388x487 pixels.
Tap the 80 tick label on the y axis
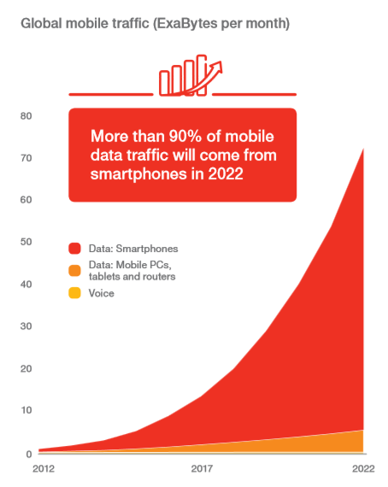pyautogui.click(x=26, y=116)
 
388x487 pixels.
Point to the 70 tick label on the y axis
pyautogui.click(x=26, y=158)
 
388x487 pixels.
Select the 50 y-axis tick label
pyautogui.click(x=26, y=242)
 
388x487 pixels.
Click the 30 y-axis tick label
pyautogui.click(x=26, y=326)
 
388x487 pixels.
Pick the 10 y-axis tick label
pyautogui.click(x=26, y=410)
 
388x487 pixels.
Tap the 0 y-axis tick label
pyautogui.click(x=28, y=453)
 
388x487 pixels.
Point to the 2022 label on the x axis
pyautogui.click(x=362, y=469)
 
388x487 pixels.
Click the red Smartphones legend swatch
pyautogui.click(x=75, y=249)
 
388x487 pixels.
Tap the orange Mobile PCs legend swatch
pyautogui.click(x=75, y=271)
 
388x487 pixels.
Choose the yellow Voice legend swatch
pyautogui.click(x=75, y=294)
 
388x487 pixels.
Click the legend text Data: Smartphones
pyautogui.click(x=132, y=249)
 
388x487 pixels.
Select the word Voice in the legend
pyautogui.click(x=101, y=294)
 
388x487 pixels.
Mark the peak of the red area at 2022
pyautogui.click(x=363, y=150)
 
